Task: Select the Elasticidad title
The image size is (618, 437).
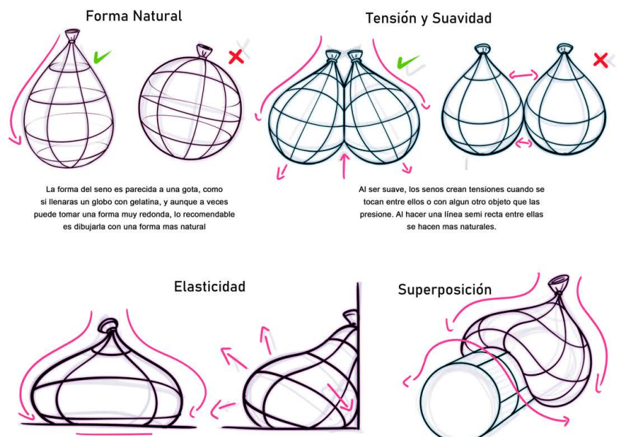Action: [209, 286]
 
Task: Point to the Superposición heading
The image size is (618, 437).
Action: [444, 290]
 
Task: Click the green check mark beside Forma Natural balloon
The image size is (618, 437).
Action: [102, 56]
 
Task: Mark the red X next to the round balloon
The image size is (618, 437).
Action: [236, 57]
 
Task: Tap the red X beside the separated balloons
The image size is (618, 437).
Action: [600, 60]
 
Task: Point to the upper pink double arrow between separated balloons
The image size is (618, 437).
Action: [523, 74]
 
